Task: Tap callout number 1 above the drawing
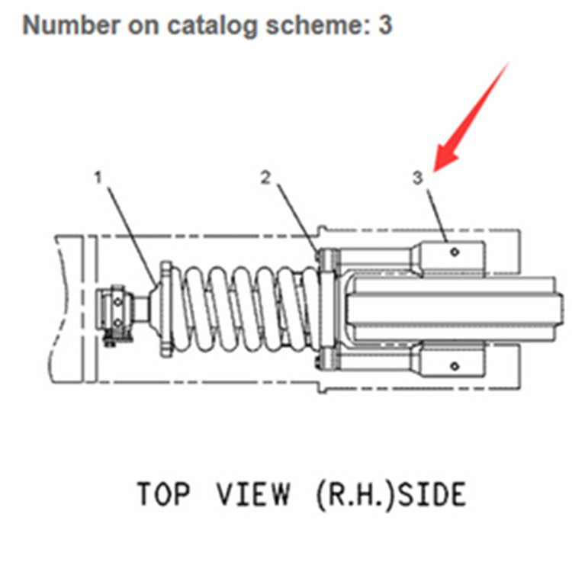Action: (x=98, y=177)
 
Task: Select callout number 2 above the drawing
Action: (x=265, y=177)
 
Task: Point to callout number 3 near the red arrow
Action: (x=417, y=178)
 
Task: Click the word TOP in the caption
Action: (x=162, y=493)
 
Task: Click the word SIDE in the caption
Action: (x=432, y=493)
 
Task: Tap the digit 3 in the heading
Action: (x=385, y=24)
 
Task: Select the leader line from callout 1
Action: (x=130, y=229)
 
